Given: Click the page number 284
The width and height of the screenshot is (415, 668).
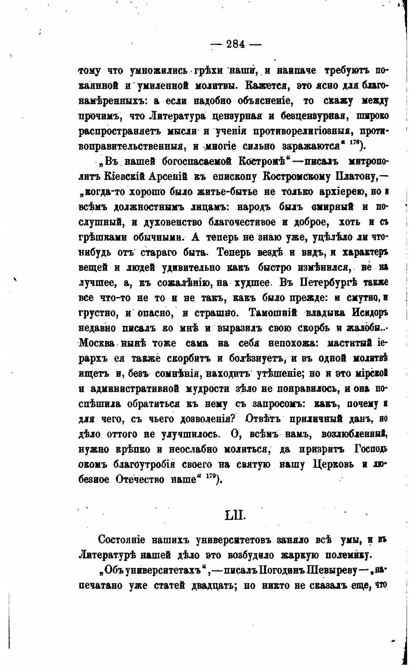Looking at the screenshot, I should (236, 44).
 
